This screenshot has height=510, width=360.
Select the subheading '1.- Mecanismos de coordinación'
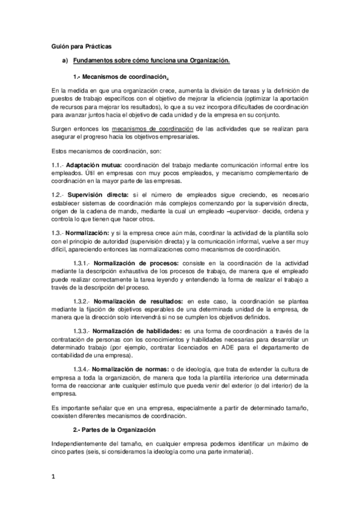[120, 76]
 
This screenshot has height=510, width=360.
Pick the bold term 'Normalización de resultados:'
[137, 301]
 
